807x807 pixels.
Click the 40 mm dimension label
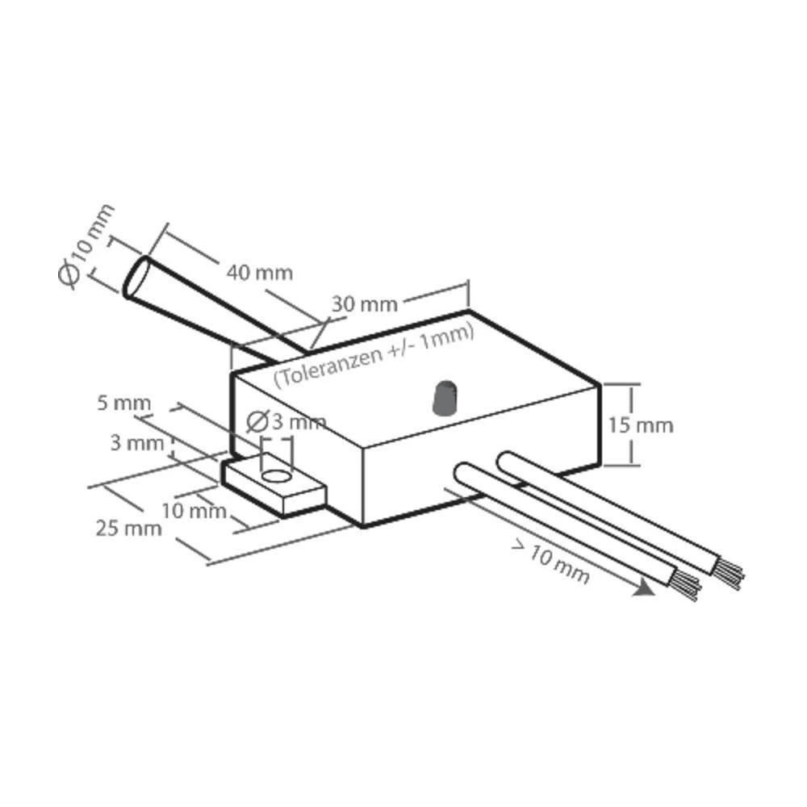(x=258, y=271)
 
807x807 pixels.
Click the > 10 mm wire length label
(x=550, y=562)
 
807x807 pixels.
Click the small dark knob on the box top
(x=444, y=399)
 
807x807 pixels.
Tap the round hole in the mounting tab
(x=276, y=477)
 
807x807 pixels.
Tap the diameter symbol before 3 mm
(x=257, y=420)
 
